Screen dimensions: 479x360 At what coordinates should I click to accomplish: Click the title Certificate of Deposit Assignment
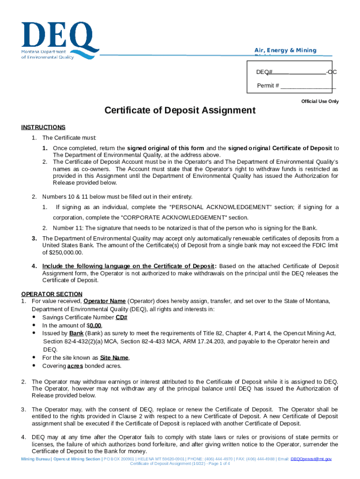pyautogui.click(x=180, y=110)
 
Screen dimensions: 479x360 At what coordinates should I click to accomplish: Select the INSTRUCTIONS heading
pyautogui.click(x=43, y=127)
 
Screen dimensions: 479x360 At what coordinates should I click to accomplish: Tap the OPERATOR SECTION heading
pyautogui.click(x=52, y=294)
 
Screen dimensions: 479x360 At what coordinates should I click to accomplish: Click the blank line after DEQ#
pyautogui.click(x=299, y=73)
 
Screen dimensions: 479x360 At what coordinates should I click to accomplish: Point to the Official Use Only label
pyautogui.click(x=320, y=102)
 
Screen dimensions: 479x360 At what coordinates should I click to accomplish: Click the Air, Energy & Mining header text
pyautogui.click(x=285, y=51)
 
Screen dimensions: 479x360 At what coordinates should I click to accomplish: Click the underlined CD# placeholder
pyautogui.click(x=122, y=317)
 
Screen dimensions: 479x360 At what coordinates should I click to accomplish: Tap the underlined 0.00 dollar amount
pyautogui.click(x=95, y=325)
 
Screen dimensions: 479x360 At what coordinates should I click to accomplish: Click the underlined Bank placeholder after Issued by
pyautogui.click(x=76, y=334)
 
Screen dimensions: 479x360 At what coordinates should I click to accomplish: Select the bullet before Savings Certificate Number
pyautogui.click(x=35, y=317)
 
